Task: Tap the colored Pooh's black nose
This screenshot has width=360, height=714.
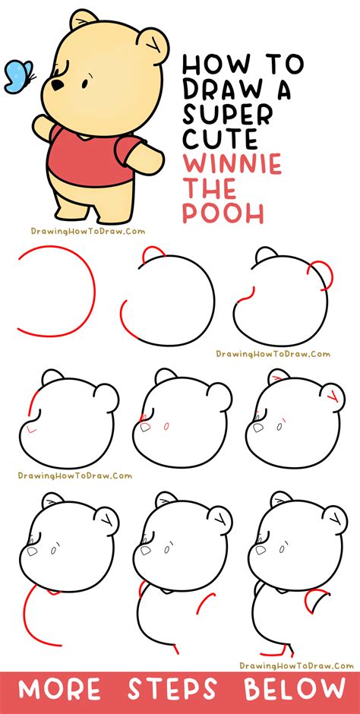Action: (57, 86)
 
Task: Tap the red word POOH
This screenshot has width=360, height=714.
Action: (223, 213)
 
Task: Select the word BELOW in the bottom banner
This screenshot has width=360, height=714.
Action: (293, 690)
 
